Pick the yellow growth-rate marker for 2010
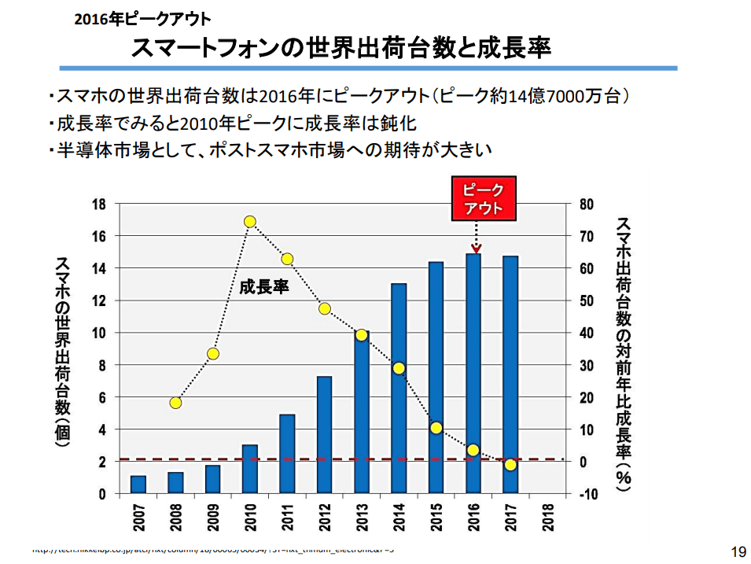pyautogui.click(x=250, y=222)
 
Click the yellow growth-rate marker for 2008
pyautogui.click(x=175, y=403)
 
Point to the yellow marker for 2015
pyautogui.click(x=436, y=428)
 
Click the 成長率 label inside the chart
pyautogui.click(x=264, y=287)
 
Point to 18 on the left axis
pyautogui.click(x=99, y=204)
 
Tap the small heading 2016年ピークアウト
pyautogui.click(x=142, y=17)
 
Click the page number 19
pyautogui.click(x=737, y=551)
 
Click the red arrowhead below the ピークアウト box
pyautogui.click(x=475, y=247)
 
